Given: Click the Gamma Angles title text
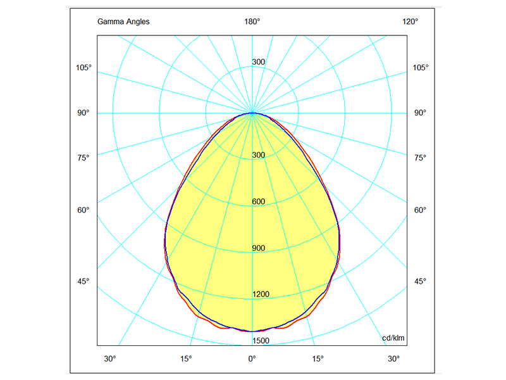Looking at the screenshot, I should pos(123,22).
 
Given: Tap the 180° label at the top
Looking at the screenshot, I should pos(252,22).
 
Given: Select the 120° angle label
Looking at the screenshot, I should pos(410,22).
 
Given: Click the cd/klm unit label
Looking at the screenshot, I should pos(393,338).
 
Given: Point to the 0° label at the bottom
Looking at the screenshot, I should pos(252,359).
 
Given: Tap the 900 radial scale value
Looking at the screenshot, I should pos(258,248).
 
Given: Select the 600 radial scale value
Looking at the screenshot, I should pos(258,202).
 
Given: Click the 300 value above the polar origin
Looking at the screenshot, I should pos(258,62).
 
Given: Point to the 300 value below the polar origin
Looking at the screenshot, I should pos(258,155).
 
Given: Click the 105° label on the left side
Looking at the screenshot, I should pos(84,68).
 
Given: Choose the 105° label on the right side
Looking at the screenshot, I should pos(421,68).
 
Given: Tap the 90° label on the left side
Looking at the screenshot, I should pos(84,113).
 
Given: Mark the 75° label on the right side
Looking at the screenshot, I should pos(420,158).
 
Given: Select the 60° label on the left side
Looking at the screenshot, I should pos(84,210).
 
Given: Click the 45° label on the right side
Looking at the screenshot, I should pos(420,281).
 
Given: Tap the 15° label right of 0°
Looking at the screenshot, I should pos(318,359).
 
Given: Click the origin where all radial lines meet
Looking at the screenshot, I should pos(252,113).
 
